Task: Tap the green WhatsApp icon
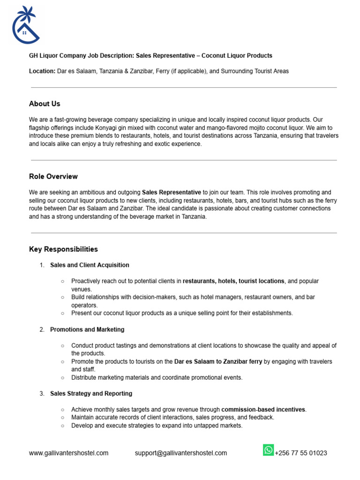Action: point(268,450)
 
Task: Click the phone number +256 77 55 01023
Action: point(300,453)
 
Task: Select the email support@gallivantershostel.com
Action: point(181,453)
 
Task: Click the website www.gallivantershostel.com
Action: point(68,453)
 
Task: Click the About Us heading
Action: point(45,104)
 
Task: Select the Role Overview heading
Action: point(53,176)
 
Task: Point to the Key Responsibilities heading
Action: point(63,249)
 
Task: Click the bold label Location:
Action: point(42,71)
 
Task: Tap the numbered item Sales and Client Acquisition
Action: point(90,265)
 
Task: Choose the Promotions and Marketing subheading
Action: point(87,330)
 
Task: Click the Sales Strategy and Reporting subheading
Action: point(91,393)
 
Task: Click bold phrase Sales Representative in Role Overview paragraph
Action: point(171,192)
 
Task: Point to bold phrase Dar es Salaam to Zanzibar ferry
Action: point(218,361)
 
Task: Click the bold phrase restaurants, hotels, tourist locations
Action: point(233,281)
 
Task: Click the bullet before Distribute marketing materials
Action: point(62,377)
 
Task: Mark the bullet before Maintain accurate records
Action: point(62,417)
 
